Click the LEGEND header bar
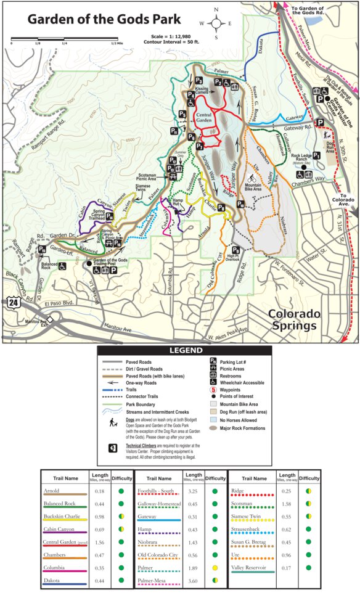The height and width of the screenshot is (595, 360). (184, 351)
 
